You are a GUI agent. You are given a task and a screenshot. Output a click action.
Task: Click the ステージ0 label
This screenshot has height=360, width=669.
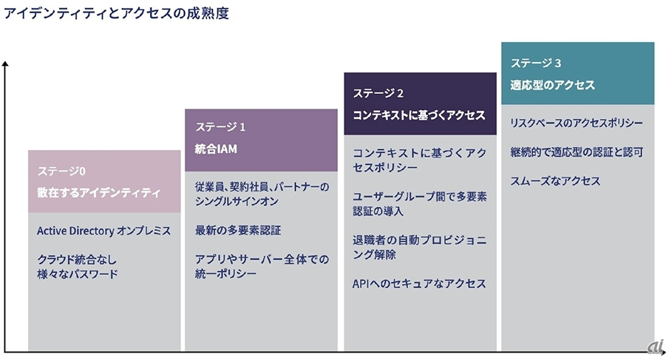coord(61,171)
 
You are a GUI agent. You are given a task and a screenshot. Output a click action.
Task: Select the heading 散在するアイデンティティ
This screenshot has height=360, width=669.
coord(98,193)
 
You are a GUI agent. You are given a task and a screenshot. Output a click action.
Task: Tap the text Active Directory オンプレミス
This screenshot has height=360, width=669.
coord(103,231)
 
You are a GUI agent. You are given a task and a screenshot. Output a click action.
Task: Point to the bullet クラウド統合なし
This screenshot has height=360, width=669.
coord(77,259)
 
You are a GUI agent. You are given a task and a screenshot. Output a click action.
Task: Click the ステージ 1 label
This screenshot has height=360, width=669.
coord(220,127)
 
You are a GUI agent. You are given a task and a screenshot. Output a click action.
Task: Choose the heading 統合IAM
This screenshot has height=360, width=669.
coord(216,149)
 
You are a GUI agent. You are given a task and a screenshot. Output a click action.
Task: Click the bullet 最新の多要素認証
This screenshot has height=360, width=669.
coord(238,230)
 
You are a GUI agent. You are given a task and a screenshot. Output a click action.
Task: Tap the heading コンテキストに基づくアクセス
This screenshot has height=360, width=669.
coord(418,115)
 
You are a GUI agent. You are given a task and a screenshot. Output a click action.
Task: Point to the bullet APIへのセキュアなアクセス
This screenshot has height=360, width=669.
coord(419,283)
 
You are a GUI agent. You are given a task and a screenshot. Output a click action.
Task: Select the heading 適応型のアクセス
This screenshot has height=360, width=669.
coord(552,85)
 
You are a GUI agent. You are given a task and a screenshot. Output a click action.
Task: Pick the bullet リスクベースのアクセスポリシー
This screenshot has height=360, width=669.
coord(576,123)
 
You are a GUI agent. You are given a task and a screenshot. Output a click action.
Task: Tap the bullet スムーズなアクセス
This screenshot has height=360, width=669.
coord(554,181)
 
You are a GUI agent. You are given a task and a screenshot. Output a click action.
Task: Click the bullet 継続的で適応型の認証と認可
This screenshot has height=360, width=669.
coord(576,152)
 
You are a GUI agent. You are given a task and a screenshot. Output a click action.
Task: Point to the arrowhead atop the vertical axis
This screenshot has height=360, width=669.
coord(6,65)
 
